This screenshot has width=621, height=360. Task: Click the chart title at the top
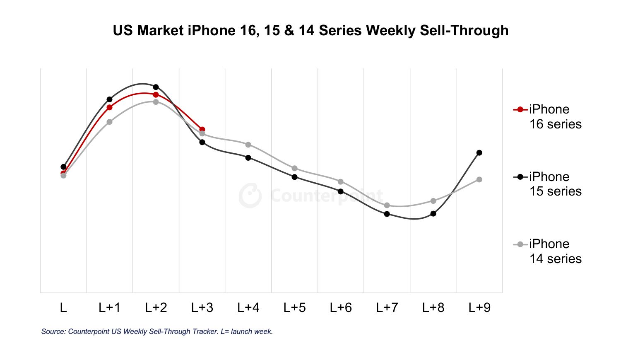pyautogui.click(x=310, y=31)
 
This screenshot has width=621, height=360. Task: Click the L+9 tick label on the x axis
pyautogui.click(x=479, y=308)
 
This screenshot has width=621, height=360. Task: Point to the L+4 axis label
pyautogui.click(x=248, y=308)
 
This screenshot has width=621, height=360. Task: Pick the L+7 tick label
pyautogui.click(x=387, y=308)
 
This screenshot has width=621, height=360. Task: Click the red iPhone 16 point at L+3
pyautogui.click(x=202, y=130)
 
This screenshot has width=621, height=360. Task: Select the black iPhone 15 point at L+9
pyautogui.click(x=479, y=153)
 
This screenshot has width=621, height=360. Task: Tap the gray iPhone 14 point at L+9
pyautogui.click(x=479, y=179)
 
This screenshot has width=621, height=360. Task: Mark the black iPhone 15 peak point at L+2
pyautogui.click(x=156, y=87)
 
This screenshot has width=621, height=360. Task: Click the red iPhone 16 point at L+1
pyautogui.click(x=110, y=108)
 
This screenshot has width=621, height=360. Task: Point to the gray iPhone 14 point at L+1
pyautogui.click(x=110, y=122)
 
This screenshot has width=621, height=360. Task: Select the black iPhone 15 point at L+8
pyautogui.click(x=433, y=214)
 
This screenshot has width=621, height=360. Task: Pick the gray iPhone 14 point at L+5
pyautogui.click(x=294, y=168)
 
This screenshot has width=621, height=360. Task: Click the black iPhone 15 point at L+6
pyautogui.click(x=341, y=191)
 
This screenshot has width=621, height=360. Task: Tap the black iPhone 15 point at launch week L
pyautogui.click(x=63, y=167)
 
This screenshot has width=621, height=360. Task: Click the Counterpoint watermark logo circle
pyautogui.click(x=250, y=196)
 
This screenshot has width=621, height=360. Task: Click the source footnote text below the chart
pyautogui.click(x=157, y=331)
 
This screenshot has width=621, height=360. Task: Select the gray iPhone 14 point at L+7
pyautogui.click(x=387, y=205)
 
